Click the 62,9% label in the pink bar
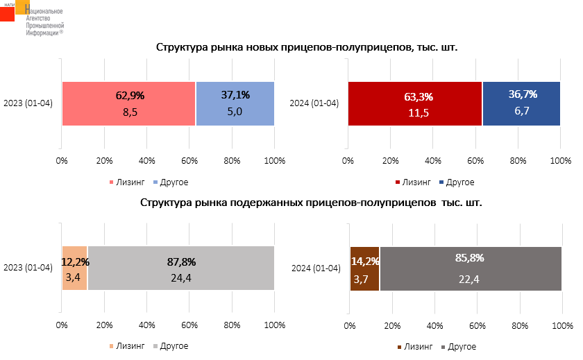[128, 95]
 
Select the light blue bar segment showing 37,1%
[235, 104]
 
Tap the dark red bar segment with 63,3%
[414, 104]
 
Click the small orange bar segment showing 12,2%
[74, 268]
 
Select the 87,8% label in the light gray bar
[181, 262]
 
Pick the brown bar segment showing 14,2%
[364, 268]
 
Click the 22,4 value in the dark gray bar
[468, 280]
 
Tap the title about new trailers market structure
[307, 48]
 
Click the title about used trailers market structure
[310, 204]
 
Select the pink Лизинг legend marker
[112, 182]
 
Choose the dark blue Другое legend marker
[440, 182]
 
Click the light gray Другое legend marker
[155, 345]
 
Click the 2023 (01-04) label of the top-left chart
[28, 104]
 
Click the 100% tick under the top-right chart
[560, 162]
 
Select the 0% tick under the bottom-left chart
[62, 325]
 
